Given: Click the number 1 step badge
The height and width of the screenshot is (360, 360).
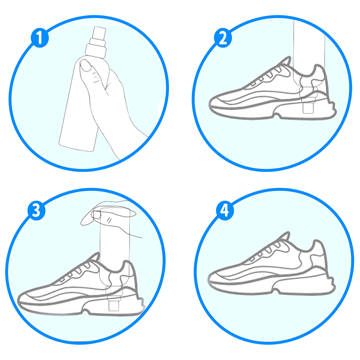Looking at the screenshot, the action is coord(40,38).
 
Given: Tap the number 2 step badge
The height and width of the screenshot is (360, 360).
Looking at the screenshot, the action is coord(223,38).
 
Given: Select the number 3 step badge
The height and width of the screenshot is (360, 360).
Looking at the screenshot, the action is coord(36,211).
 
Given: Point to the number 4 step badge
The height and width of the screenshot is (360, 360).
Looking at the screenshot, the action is coord(225,211).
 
